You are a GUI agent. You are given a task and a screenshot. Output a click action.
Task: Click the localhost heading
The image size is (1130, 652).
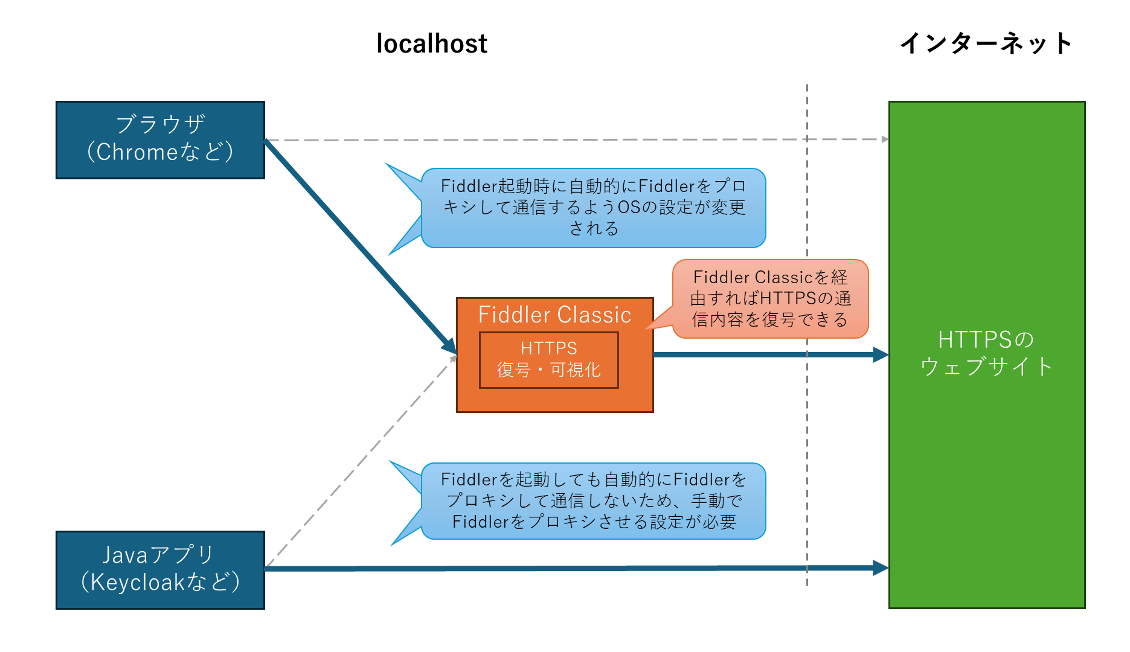[431, 43]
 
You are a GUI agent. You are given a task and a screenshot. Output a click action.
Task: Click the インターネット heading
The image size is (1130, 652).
[986, 43]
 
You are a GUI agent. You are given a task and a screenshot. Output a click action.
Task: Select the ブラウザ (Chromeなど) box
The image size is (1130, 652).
[160, 139]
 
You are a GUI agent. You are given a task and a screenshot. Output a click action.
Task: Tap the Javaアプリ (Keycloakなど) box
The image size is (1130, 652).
[160, 570]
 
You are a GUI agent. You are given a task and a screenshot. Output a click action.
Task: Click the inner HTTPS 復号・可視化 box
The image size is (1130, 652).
[548, 359]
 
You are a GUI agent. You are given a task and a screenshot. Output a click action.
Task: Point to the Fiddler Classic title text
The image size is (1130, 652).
[554, 315]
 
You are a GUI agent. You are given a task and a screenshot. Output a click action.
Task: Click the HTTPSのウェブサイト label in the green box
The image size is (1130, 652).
[986, 353]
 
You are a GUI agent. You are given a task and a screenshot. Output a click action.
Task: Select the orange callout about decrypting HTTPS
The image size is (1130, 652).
[770, 298]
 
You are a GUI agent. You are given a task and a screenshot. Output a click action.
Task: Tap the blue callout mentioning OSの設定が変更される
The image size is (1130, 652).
[594, 208]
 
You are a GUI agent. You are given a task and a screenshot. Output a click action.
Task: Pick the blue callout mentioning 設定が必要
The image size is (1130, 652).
[594, 500]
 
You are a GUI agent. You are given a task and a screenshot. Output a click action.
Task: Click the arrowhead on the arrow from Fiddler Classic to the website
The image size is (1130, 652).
[881, 354]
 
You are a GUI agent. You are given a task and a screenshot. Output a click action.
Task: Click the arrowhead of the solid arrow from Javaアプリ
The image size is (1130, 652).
[881, 567]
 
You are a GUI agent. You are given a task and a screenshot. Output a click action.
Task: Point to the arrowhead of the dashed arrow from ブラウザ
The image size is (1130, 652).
[885, 139]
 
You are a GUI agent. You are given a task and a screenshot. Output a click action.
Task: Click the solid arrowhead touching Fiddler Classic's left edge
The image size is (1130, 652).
[449, 346]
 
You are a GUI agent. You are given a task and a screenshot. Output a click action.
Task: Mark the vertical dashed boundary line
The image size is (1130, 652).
[807, 423]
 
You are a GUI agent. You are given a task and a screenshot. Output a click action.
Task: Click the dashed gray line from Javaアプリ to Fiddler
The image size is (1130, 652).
[362, 462]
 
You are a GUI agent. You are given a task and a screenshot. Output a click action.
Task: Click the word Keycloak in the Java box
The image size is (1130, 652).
[138, 582]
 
